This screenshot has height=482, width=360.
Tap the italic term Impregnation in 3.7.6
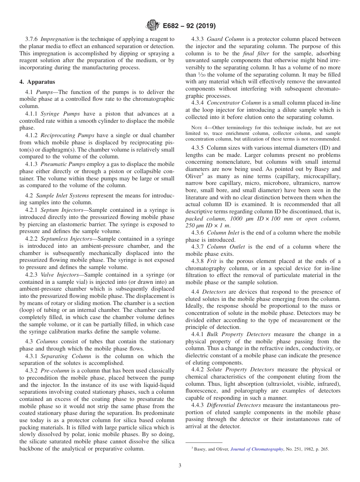(57, 39)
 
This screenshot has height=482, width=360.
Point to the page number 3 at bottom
(180, 465)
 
